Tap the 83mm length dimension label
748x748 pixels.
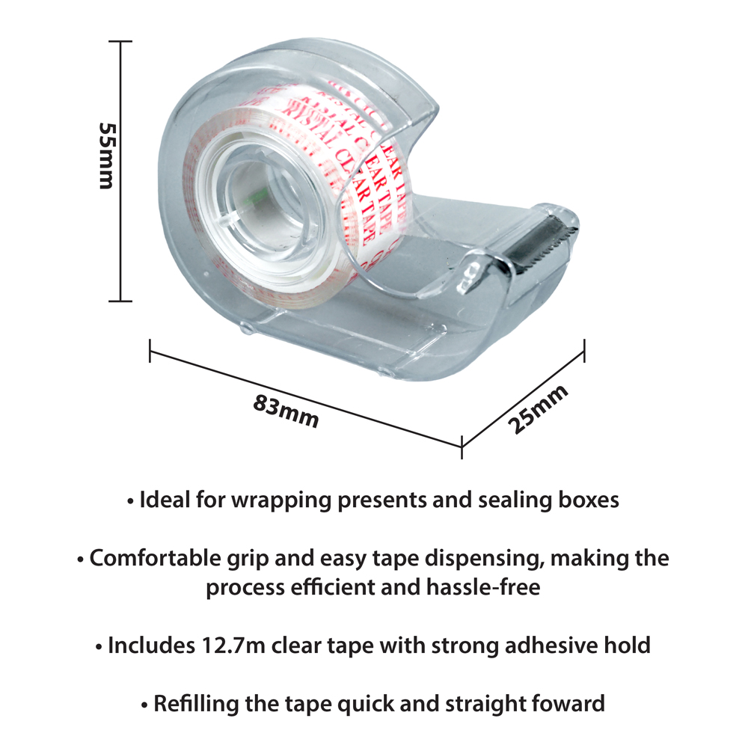pos(286,411)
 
